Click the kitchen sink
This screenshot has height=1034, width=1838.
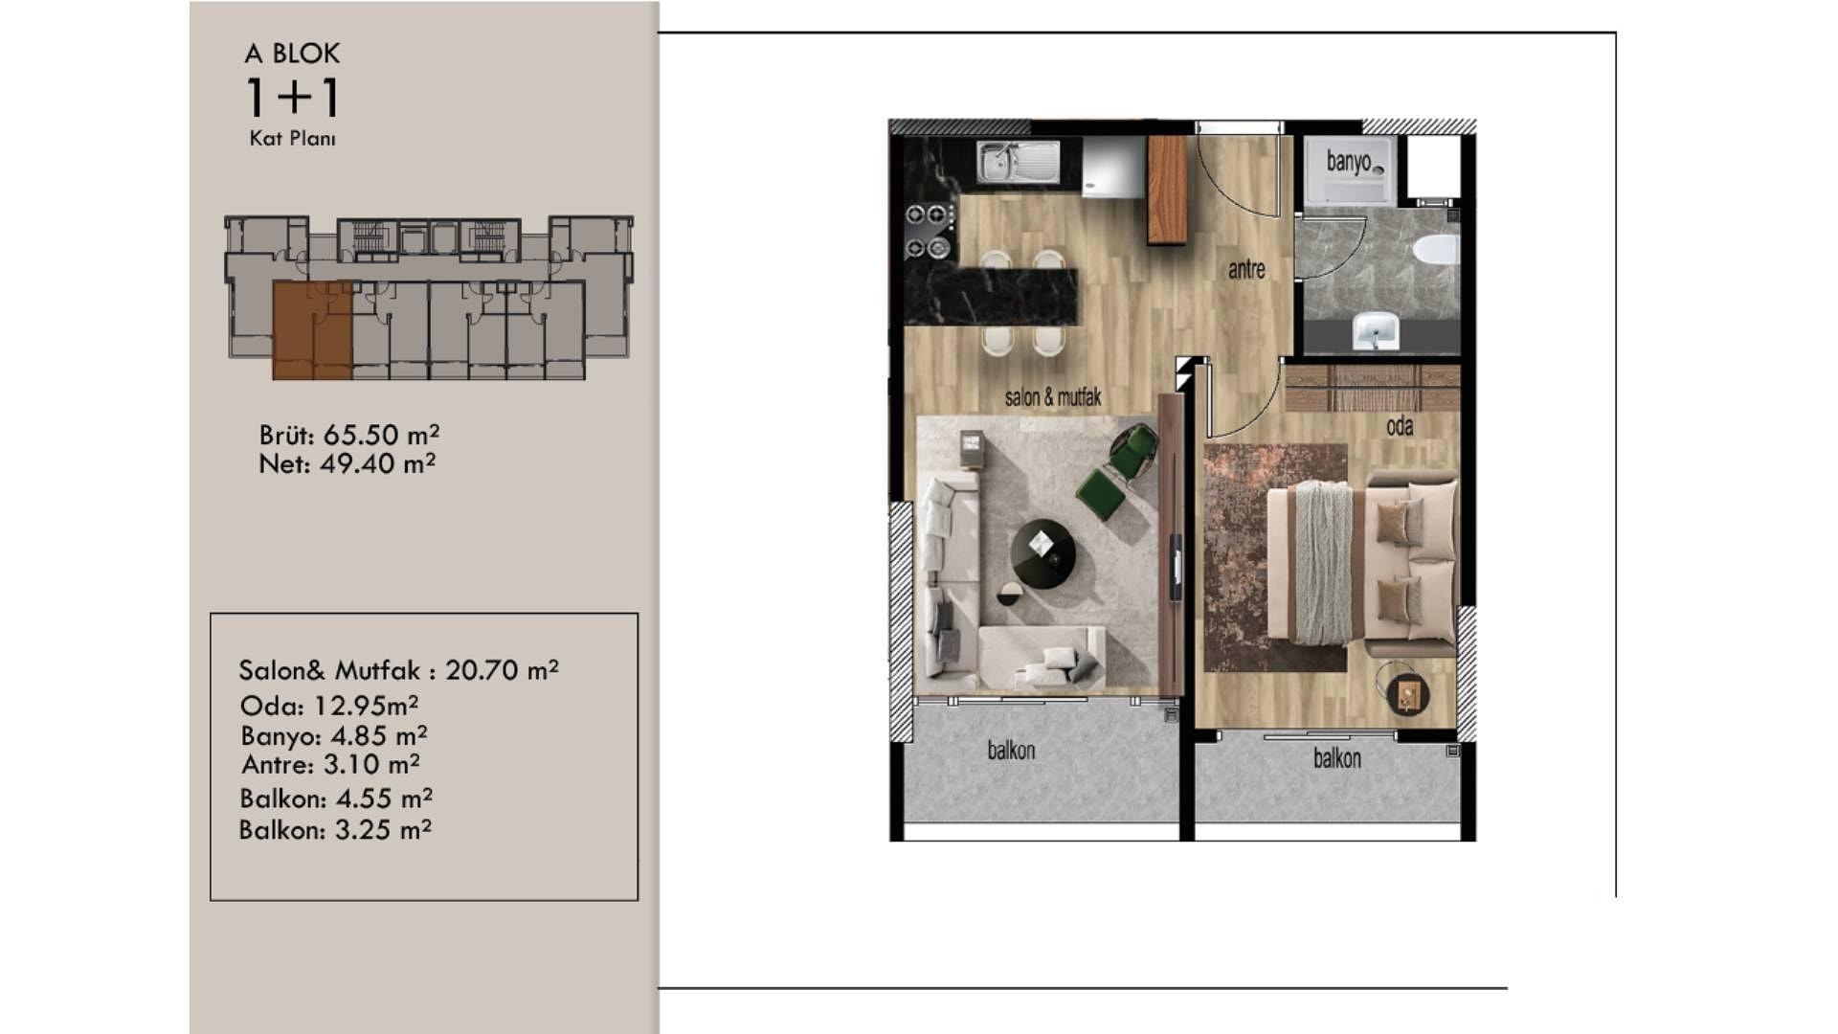pyautogui.click(x=1019, y=162)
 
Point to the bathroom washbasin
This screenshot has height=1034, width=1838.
pyautogui.click(x=1377, y=330)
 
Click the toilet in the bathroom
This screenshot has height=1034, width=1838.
pyautogui.click(x=1436, y=250)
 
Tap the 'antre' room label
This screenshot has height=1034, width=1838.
pyautogui.click(x=1246, y=270)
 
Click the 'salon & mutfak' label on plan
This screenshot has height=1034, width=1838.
pyautogui.click(x=1053, y=397)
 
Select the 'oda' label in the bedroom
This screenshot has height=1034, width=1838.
pyautogui.click(x=1400, y=426)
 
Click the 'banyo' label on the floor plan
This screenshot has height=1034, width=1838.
pyautogui.click(x=1349, y=162)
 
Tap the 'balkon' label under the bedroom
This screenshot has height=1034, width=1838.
pyautogui.click(x=1337, y=758)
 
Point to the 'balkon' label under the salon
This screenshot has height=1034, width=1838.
pyautogui.click(x=1011, y=750)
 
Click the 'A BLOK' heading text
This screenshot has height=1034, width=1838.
pyautogui.click(x=292, y=54)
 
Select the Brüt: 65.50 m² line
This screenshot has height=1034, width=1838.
pyautogui.click(x=349, y=435)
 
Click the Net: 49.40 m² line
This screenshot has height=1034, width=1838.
pyautogui.click(x=347, y=463)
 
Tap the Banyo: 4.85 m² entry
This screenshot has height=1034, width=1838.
pyautogui.click(x=334, y=735)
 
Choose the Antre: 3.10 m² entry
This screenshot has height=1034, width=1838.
pyautogui.click(x=330, y=764)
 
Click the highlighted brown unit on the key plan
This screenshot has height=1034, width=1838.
pyautogui.click(x=312, y=331)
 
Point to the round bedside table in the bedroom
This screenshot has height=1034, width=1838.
pyautogui.click(x=1407, y=693)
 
